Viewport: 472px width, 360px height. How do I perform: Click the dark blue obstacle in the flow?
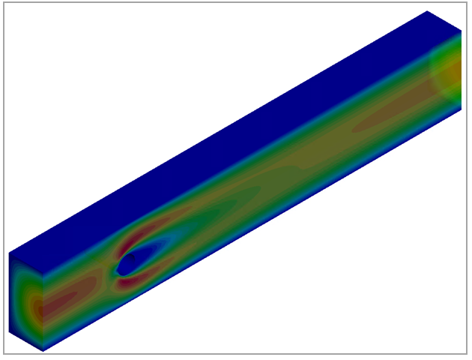tap(127, 262)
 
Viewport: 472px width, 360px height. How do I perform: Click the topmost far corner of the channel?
tap(427, 11)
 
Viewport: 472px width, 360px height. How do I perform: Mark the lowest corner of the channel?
tap(43, 351)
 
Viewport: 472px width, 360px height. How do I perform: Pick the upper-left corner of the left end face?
tap(9, 253)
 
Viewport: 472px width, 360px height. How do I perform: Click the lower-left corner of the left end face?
tap(9, 331)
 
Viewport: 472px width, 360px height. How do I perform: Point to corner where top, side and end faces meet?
tap(43, 272)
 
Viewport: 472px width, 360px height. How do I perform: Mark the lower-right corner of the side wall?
tap(461, 109)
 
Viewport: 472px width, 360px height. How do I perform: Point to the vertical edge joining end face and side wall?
tap(43, 311)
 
